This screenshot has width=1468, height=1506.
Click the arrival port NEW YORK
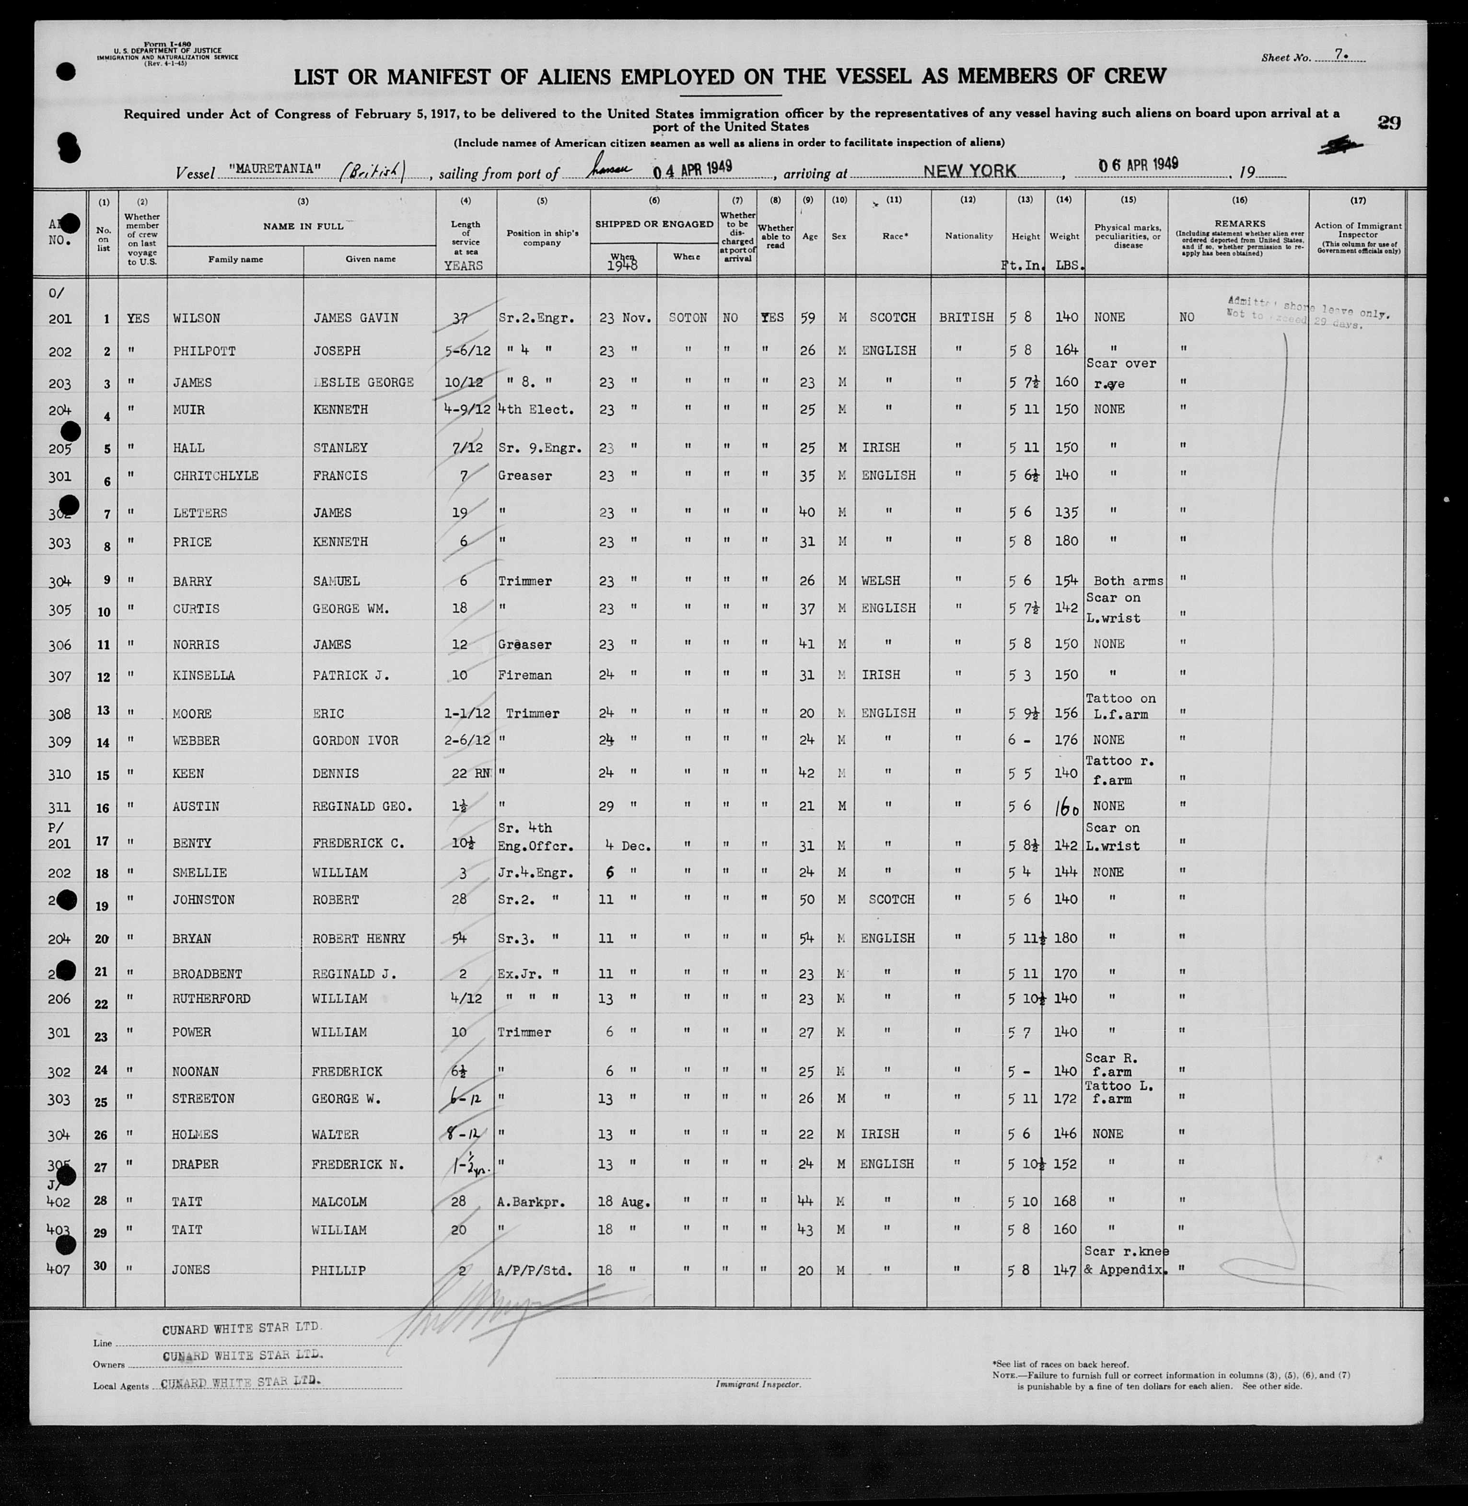pyautogui.click(x=970, y=170)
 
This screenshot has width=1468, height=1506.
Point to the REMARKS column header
pyautogui.click(x=1240, y=223)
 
